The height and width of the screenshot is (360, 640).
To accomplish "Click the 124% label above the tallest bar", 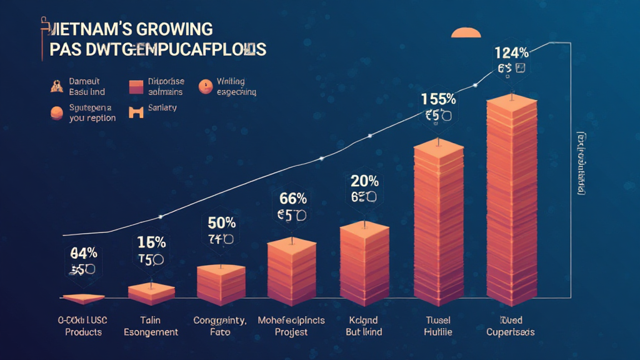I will [511, 52].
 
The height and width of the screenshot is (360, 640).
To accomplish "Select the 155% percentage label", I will [437, 99].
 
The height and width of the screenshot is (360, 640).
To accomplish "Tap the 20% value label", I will [364, 181].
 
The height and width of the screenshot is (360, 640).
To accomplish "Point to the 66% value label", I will [291, 199].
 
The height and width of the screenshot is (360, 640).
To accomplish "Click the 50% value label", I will [221, 222].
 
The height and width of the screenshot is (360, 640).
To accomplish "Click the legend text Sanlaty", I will [162, 108].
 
